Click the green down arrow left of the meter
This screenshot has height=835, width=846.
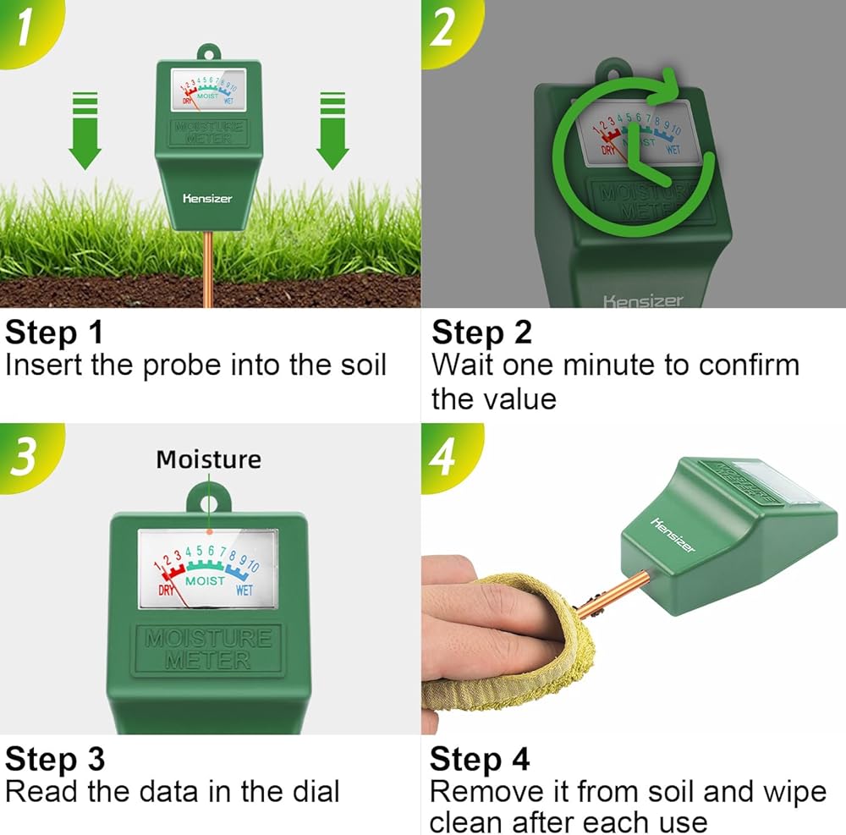[85, 130]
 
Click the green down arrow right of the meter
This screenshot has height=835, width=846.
[332, 130]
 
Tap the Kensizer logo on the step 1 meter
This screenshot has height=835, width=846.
[208, 199]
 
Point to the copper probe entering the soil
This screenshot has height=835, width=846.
[208, 269]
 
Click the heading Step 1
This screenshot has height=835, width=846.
[54, 332]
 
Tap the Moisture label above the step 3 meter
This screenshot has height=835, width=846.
[209, 459]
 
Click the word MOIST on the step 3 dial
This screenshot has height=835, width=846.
[205, 581]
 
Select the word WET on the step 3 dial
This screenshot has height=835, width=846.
[244, 591]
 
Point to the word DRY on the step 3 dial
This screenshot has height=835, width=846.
[166, 591]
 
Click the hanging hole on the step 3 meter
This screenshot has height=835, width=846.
[209, 504]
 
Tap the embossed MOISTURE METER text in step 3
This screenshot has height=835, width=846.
[208, 649]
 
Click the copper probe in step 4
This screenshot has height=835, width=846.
[612, 596]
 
